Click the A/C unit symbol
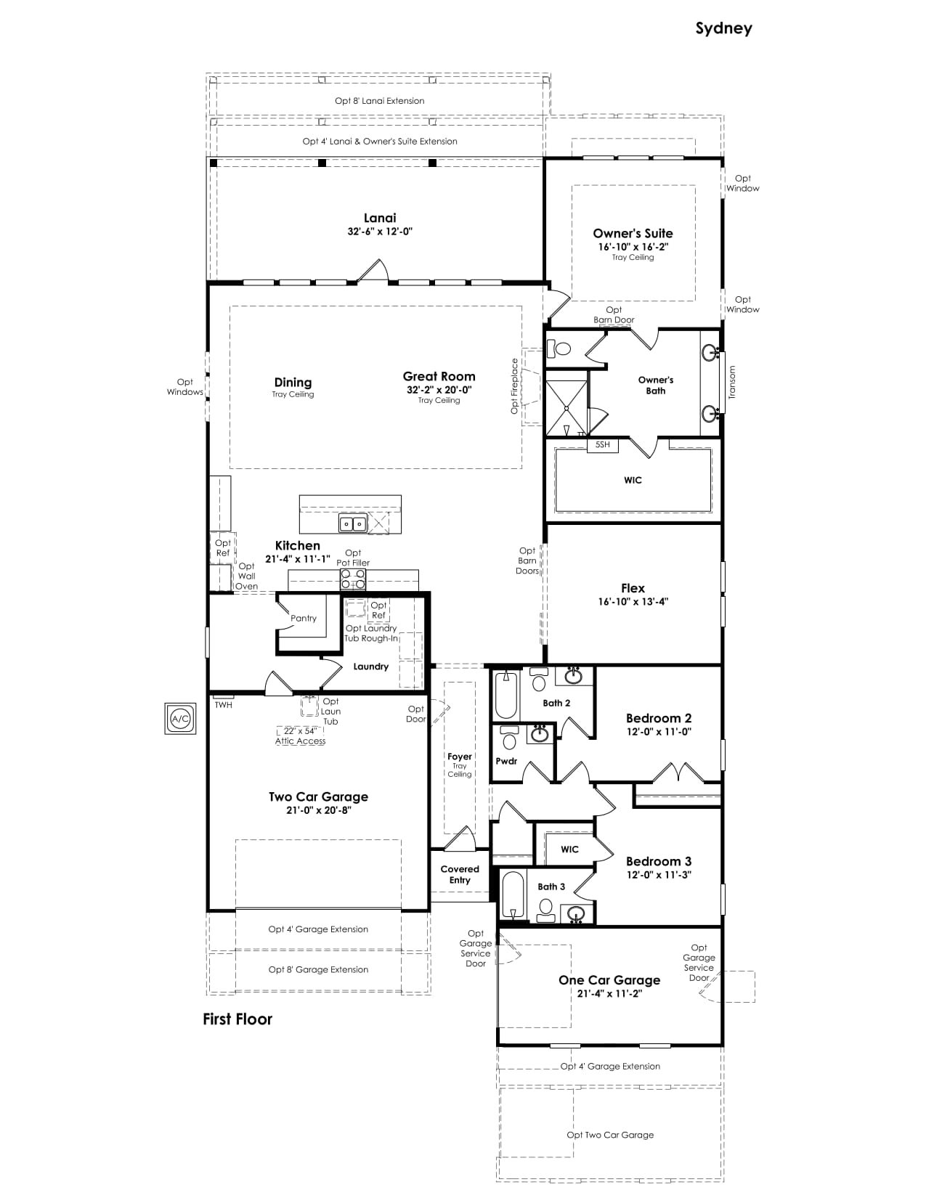pos(180,719)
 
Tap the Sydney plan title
pos(723,28)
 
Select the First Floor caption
pos(237,1019)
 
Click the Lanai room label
pos(379,218)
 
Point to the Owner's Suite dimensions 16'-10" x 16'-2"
pos(633,247)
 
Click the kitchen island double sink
pos(352,523)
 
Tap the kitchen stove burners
pos(353,579)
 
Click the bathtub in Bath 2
pos(506,696)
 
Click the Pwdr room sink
pos(540,734)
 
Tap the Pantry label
pos(304,619)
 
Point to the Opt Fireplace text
pos(515,386)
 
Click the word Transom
pos(732,382)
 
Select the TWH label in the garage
pos(224,705)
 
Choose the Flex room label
pos(633,588)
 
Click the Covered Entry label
pos(460,874)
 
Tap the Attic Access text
pos(301,741)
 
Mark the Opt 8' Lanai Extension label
pos(379,101)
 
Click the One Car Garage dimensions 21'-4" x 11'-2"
pos(609,994)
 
